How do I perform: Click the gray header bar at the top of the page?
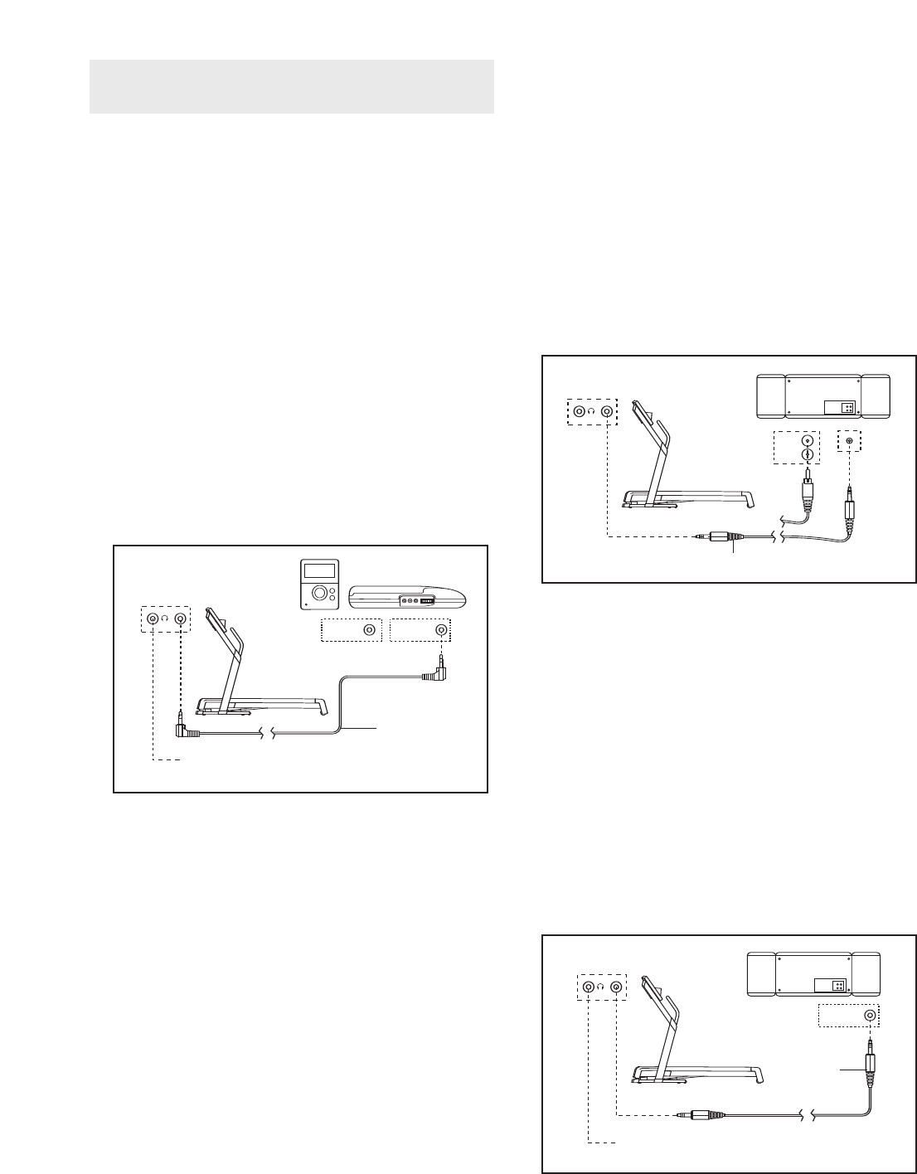(291, 86)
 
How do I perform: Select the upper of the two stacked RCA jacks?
(807, 440)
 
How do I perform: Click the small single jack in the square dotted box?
(848, 441)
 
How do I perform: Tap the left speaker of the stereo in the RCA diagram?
(771, 397)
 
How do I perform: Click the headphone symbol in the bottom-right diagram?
(602, 987)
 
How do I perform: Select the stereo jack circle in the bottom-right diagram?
(870, 1016)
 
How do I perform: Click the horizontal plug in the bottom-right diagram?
(701, 1116)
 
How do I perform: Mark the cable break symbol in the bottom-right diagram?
(809, 1116)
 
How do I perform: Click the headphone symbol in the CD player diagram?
(165, 618)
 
